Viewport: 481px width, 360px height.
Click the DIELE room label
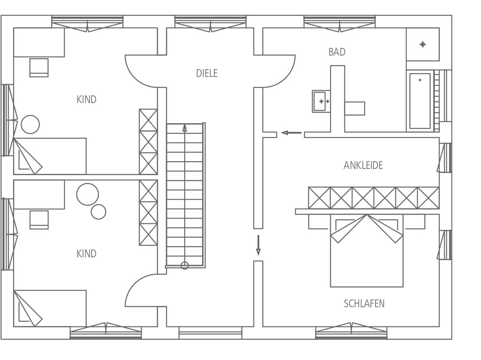[207, 73]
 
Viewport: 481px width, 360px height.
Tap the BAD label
[337, 52]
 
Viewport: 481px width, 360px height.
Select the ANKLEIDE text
[363, 165]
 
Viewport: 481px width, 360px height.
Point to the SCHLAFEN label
[364, 304]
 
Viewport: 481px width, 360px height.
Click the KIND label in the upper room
[87, 99]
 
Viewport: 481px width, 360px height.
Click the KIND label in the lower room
[87, 254]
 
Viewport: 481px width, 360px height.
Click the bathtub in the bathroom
[420, 101]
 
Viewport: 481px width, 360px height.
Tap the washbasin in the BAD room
[321, 101]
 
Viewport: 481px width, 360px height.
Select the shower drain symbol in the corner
[423, 45]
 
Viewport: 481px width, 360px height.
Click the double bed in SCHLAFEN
[366, 251]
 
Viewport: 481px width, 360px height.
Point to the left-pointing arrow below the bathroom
[291, 133]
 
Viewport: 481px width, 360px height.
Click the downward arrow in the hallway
[258, 245]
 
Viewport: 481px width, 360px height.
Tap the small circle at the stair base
[185, 265]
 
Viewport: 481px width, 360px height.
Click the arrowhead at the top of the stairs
[185, 128]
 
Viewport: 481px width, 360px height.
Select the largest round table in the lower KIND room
[88, 194]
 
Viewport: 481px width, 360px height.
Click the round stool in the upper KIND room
[30, 124]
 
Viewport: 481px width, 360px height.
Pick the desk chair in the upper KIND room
[39, 67]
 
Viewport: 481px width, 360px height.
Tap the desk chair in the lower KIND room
[39, 220]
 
